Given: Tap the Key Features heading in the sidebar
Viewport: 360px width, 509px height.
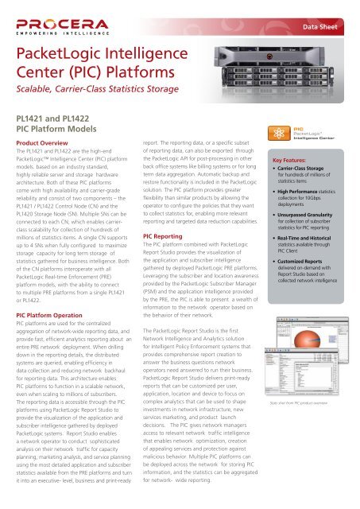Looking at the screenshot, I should (x=296, y=159).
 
